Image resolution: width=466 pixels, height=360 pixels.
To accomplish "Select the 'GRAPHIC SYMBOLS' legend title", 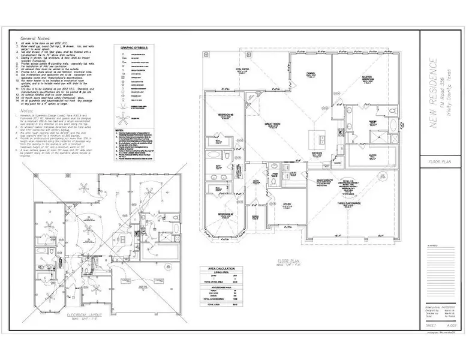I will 134,47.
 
